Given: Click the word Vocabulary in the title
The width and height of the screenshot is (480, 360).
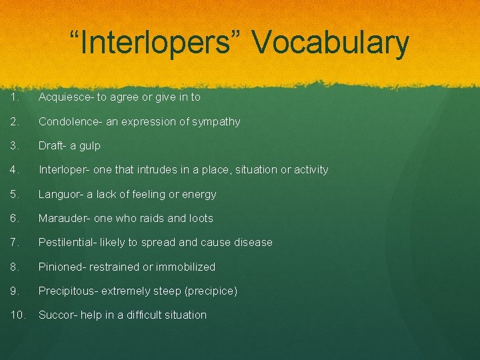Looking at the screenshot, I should tap(331, 43).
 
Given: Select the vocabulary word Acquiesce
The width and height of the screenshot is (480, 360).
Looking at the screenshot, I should tap(65, 97).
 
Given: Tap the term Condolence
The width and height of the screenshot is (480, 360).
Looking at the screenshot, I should tap(69, 121).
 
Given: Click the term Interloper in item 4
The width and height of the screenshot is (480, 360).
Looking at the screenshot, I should tap(63, 170).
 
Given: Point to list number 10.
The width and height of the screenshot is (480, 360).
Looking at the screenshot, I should tap(17, 315).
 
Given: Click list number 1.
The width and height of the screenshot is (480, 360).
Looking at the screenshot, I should tap(15, 97).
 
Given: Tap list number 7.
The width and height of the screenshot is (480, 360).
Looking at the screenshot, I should tap(15, 243).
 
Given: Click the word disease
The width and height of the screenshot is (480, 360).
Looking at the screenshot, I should tap(251, 243).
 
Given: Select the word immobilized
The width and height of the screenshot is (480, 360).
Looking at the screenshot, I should tap(185, 267).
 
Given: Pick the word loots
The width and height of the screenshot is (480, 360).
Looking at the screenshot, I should tap(199, 218).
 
